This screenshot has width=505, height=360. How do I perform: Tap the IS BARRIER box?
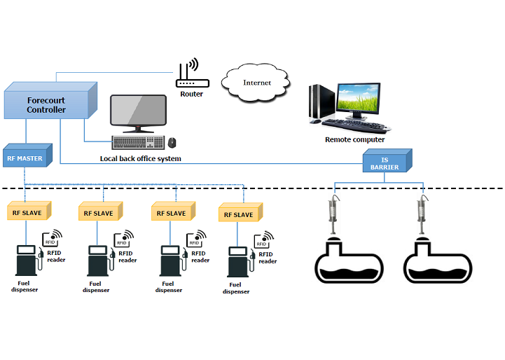click(385, 163)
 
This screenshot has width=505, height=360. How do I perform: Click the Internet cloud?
click(256, 83)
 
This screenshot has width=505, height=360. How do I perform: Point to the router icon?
click(190, 75)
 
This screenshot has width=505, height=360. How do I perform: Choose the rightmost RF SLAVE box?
click(240, 215)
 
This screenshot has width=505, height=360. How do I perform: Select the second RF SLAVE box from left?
click(98, 213)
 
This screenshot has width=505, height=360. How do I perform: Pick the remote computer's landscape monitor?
click(361, 100)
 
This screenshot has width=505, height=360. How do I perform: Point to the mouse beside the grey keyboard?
click(172, 143)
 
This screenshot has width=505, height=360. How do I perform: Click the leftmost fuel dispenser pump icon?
click(27, 262)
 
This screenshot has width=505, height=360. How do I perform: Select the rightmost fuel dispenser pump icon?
click(238, 264)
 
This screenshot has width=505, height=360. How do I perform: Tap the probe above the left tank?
click(333, 210)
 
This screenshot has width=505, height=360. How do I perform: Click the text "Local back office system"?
click(140, 159)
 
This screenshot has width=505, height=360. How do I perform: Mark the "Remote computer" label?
click(354, 140)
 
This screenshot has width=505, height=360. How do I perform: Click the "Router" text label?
click(191, 94)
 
